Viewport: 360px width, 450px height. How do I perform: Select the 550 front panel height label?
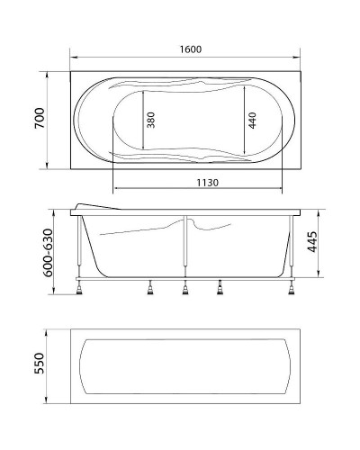[x=40, y=364]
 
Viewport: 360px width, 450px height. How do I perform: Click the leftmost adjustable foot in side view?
[x=84, y=287]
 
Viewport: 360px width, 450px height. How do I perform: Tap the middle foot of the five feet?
[x=185, y=287]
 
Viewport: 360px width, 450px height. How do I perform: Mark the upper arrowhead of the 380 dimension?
[x=142, y=93]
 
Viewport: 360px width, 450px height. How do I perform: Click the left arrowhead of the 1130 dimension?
[x=114, y=190]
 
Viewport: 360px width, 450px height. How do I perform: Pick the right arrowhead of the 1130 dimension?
[x=280, y=190]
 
